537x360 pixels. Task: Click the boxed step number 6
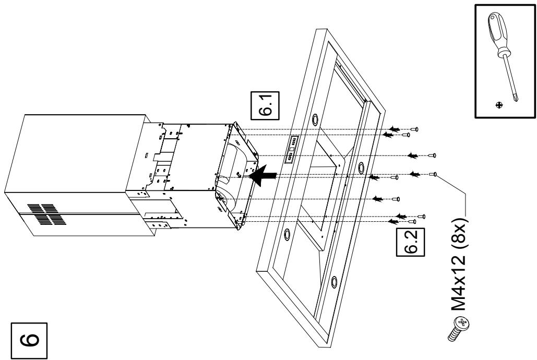(x=29, y=341)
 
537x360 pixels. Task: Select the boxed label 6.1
(x=265, y=105)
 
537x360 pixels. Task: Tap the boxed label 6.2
(x=411, y=242)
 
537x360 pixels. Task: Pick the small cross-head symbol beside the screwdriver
(x=499, y=105)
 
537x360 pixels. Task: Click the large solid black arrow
(x=262, y=175)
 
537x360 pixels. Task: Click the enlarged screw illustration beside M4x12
(x=458, y=329)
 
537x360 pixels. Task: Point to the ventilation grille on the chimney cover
(x=46, y=214)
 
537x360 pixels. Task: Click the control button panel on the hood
(x=291, y=149)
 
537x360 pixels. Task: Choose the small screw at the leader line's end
(x=433, y=174)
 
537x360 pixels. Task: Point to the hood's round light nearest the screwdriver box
(x=362, y=167)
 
